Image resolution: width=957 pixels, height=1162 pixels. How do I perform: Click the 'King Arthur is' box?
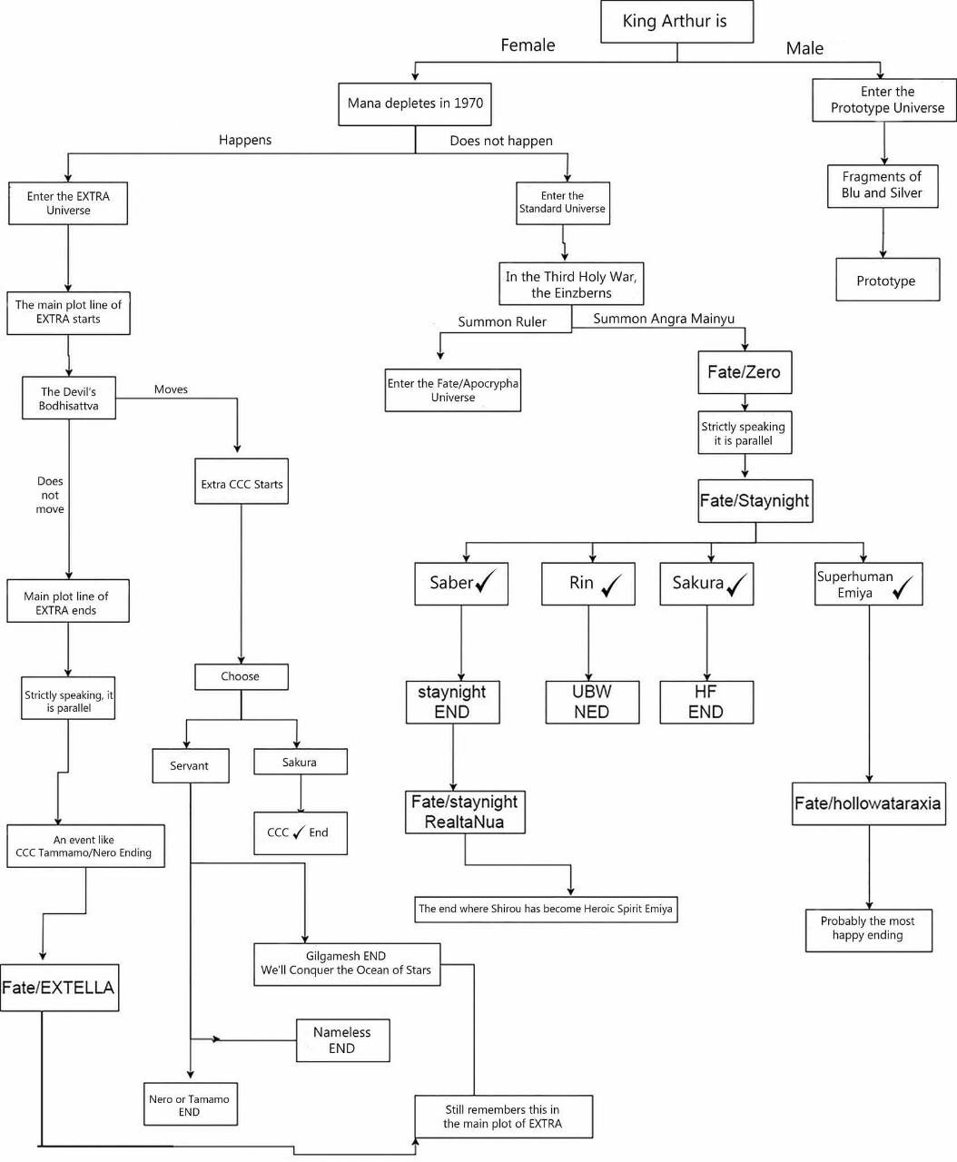point(676,21)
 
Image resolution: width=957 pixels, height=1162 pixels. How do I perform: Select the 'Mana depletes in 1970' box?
point(415,104)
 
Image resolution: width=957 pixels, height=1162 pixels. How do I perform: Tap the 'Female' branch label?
point(528,45)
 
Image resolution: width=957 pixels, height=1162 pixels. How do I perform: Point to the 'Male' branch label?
point(804,48)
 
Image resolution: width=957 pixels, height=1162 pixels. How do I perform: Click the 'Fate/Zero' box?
point(745,372)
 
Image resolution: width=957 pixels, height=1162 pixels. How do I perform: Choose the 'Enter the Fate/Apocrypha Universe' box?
point(452,390)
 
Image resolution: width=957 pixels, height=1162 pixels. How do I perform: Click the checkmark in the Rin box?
point(611,585)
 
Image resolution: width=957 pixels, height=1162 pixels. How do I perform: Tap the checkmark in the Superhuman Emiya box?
point(903,587)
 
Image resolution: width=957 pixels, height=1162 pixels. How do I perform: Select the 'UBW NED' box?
point(592,702)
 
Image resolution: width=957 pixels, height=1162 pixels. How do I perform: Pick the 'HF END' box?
point(706,702)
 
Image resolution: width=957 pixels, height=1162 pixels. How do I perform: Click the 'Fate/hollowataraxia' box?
point(869,803)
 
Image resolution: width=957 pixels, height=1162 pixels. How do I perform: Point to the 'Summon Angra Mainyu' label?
point(664,319)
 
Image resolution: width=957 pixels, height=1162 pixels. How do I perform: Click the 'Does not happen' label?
point(501,141)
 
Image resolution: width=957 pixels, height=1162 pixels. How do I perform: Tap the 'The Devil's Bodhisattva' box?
point(69,398)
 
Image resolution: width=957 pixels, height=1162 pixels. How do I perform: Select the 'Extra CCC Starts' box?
point(242,481)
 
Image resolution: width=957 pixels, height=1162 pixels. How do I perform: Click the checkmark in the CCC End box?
point(299,832)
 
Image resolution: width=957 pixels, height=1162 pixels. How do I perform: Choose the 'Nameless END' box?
point(342,1040)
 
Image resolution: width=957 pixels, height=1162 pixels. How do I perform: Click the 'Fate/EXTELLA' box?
point(60,988)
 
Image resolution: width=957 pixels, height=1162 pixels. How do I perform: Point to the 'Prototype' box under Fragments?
point(887,280)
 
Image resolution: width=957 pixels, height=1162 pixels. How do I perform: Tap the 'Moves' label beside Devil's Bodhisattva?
point(171,389)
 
